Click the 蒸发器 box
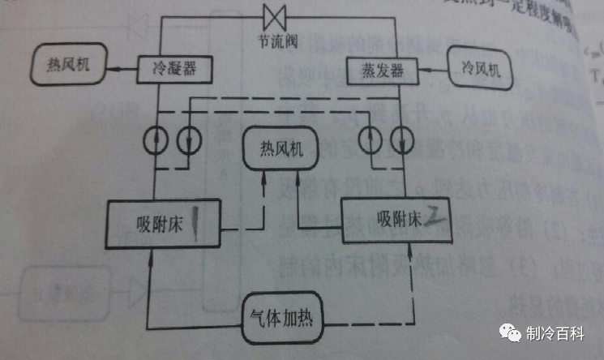click(x=375, y=71)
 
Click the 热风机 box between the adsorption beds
click(x=278, y=150)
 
